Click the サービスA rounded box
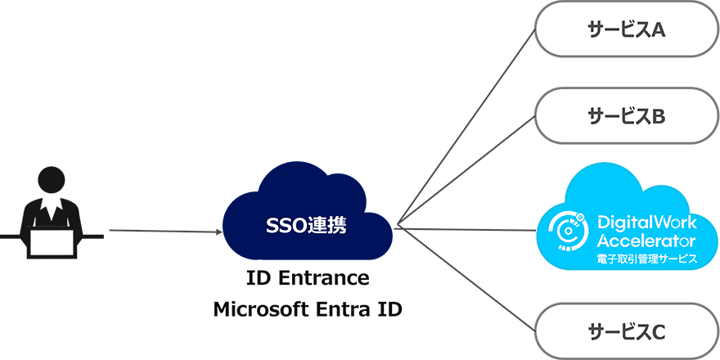[627, 30]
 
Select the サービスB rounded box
[627, 116]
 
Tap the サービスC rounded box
[627, 331]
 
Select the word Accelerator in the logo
[646, 241]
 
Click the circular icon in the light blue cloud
[567, 232]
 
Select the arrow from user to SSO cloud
[164, 232]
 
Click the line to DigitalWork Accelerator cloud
[466, 229]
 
